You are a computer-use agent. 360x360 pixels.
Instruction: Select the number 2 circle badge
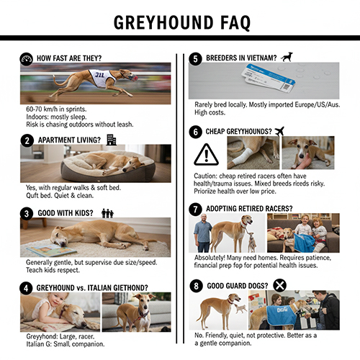click(x=27, y=140)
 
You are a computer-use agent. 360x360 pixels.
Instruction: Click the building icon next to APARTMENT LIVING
click(x=111, y=140)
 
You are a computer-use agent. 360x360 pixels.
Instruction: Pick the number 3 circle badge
click(x=27, y=213)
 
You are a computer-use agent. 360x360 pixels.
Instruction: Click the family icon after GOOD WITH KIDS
click(x=108, y=213)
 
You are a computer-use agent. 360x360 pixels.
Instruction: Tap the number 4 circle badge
click(x=27, y=287)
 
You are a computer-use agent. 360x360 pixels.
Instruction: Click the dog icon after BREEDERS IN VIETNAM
click(x=287, y=57)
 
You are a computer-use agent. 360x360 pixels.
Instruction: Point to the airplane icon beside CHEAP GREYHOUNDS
click(x=279, y=131)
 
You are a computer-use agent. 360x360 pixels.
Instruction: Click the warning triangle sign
click(x=207, y=154)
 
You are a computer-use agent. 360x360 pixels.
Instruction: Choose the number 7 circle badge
click(x=195, y=209)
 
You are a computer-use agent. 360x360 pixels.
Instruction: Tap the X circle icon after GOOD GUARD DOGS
click(x=280, y=285)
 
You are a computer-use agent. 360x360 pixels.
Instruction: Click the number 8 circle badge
click(x=195, y=286)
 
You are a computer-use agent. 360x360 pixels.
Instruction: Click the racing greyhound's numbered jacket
click(x=99, y=77)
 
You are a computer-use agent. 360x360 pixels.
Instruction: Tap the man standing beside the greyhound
click(x=204, y=235)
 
